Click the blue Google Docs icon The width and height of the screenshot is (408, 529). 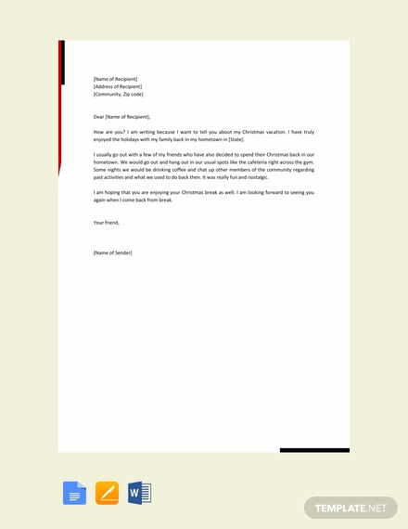(x=74, y=493)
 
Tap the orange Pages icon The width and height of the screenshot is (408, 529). (x=107, y=493)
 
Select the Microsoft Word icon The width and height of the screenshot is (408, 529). (x=139, y=493)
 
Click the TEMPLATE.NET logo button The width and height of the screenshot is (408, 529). (x=351, y=508)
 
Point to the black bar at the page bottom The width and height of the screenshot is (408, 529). (x=314, y=450)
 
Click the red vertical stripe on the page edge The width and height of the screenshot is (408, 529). (x=61, y=102)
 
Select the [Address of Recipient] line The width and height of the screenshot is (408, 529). (x=118, y=86)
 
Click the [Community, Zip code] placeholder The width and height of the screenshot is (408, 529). (x=119, y=94)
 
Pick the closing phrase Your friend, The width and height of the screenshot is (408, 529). (x=107, y=223)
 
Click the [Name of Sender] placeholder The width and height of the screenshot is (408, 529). (x=113, y=252)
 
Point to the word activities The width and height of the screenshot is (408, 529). (x=118, y=177)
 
